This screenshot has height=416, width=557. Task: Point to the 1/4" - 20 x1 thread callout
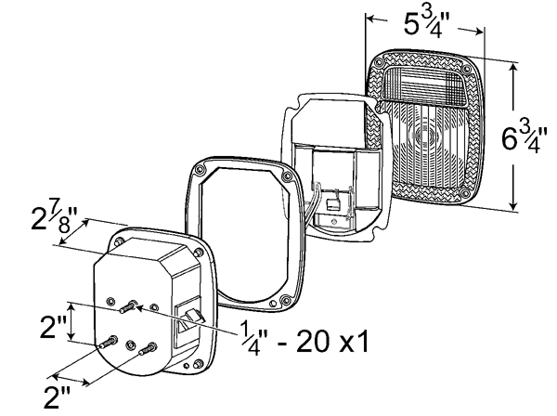point(304,341)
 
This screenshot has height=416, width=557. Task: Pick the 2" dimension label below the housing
point(57,396)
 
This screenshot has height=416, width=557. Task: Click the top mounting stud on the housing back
point(128,306)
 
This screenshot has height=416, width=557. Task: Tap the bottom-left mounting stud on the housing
point(108,342)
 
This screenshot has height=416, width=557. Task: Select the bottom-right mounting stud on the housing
point(148,348)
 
